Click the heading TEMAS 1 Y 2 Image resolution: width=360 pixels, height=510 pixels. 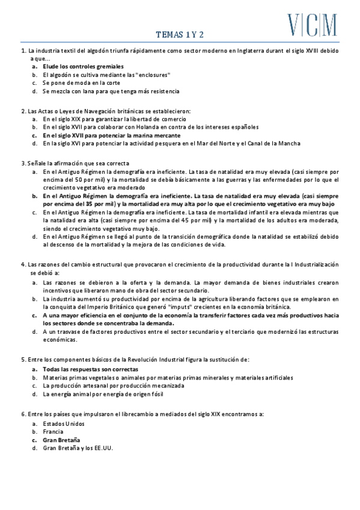point(180,35)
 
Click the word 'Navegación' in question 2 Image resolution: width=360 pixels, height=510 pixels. point(99,111)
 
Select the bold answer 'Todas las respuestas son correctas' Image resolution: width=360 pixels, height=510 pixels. point(90,369)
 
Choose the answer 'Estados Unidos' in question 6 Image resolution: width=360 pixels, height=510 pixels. point(64,423)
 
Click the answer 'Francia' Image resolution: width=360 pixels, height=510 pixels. point(53,432)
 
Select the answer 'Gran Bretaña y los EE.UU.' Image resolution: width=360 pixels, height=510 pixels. point(78,448)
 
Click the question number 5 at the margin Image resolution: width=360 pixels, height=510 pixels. point(22,359)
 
